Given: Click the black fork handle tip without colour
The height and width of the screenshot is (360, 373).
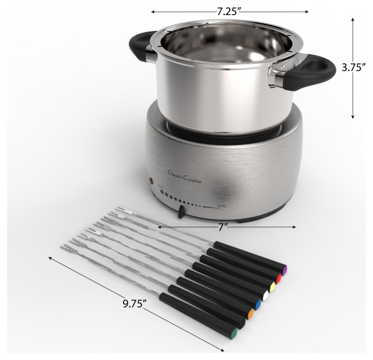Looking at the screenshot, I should [242, 323].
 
